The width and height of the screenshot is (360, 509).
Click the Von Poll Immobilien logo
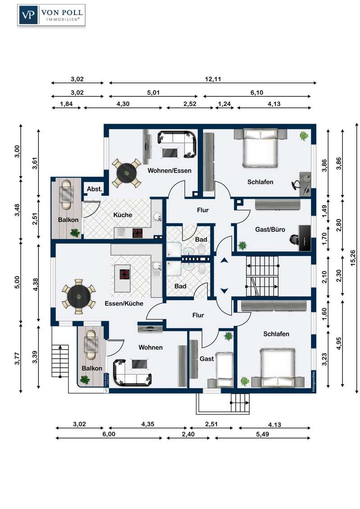51,15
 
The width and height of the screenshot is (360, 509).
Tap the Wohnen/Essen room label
169,170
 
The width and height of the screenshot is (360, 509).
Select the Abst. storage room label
94,189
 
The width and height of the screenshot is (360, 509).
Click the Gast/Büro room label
270,229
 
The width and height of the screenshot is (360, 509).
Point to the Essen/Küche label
124,304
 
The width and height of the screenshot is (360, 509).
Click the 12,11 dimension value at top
213,79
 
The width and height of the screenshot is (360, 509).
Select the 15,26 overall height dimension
353,258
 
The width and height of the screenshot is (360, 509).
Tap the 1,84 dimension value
66,104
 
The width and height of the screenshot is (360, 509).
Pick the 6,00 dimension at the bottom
109,434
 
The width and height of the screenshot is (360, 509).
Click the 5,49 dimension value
262,434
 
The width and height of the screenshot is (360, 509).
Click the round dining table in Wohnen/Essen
126,173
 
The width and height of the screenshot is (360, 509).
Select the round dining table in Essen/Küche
79,296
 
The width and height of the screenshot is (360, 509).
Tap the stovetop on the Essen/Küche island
125,274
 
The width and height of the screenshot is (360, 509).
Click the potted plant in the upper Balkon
75,232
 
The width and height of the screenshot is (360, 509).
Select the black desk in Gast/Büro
305,238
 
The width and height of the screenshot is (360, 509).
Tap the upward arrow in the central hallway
224,260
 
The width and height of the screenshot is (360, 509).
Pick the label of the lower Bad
180,286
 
